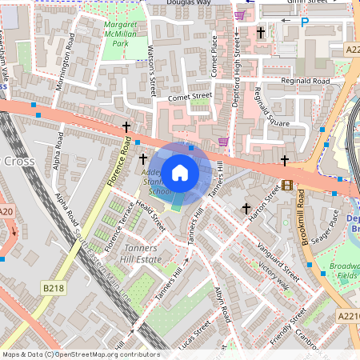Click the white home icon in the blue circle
click(180, 172)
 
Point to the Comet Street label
click(189, 97)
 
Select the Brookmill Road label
click(301, 218)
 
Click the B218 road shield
click(54, 287)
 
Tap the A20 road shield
click(6, 211)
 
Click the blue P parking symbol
click(303, 24)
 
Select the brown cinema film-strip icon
click(287, 186)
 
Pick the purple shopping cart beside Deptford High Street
click(239, 15)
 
